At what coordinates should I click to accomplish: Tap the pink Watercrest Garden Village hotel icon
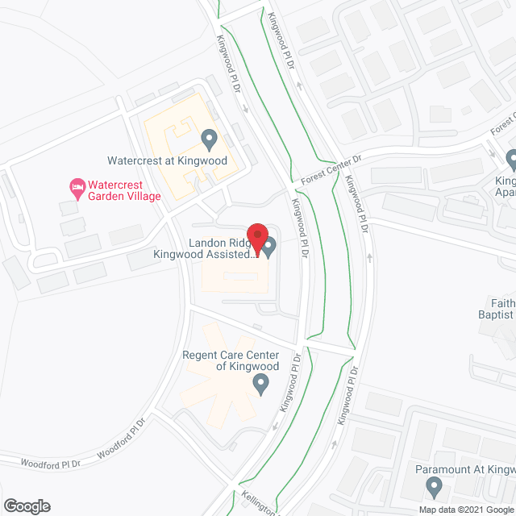point(77,189)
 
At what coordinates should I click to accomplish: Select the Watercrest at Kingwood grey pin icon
point(210,139)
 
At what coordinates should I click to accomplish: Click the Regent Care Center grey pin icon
point(260,385)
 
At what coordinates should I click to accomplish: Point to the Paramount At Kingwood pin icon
point(434,487)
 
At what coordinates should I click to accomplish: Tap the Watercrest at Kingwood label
point(168,160)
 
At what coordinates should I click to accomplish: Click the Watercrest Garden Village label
point(125,189)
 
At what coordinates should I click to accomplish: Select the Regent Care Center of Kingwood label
point(231,360)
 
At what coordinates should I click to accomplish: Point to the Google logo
point(26,506)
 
